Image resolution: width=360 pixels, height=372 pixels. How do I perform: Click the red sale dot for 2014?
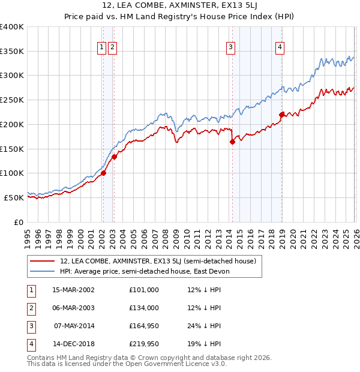[232, 142]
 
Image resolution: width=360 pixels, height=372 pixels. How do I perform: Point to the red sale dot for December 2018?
[281, 114]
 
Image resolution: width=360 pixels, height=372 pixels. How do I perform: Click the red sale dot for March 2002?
[103, 173]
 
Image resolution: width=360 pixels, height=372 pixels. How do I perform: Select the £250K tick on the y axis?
[12, 100]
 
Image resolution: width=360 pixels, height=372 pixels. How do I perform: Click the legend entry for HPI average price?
[148, 271]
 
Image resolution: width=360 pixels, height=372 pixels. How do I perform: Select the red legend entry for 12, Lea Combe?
[158, 261]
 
